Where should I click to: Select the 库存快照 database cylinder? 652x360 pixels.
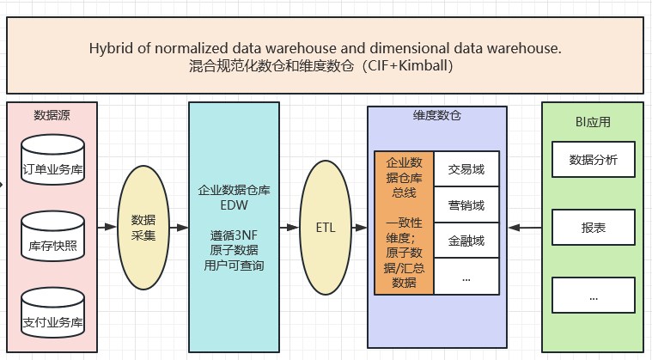(x=52, y=243)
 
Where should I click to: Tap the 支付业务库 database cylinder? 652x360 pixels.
(x=52, y=320)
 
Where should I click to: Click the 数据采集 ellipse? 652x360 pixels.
(x=143, y=227)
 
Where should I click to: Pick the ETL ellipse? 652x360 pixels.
(x=326, y=227)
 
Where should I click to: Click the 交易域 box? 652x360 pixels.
(x=466, y=169)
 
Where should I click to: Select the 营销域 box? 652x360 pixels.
(x=466, y=205)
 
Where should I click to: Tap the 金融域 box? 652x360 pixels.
(x=466, y=241)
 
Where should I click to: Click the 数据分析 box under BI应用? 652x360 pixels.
(x=594, y=160)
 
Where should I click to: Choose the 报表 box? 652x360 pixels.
(x=594, y=228)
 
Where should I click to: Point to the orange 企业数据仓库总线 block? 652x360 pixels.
(x=403, y=223)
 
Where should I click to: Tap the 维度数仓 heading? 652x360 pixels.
(x=436, y=115)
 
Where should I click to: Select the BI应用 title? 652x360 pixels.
(x=593, y=121)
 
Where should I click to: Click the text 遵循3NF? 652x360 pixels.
(x=234, y=235)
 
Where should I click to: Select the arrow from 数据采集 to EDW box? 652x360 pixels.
(x=178, y=227)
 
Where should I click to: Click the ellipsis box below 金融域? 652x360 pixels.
(x=466, y=278)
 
